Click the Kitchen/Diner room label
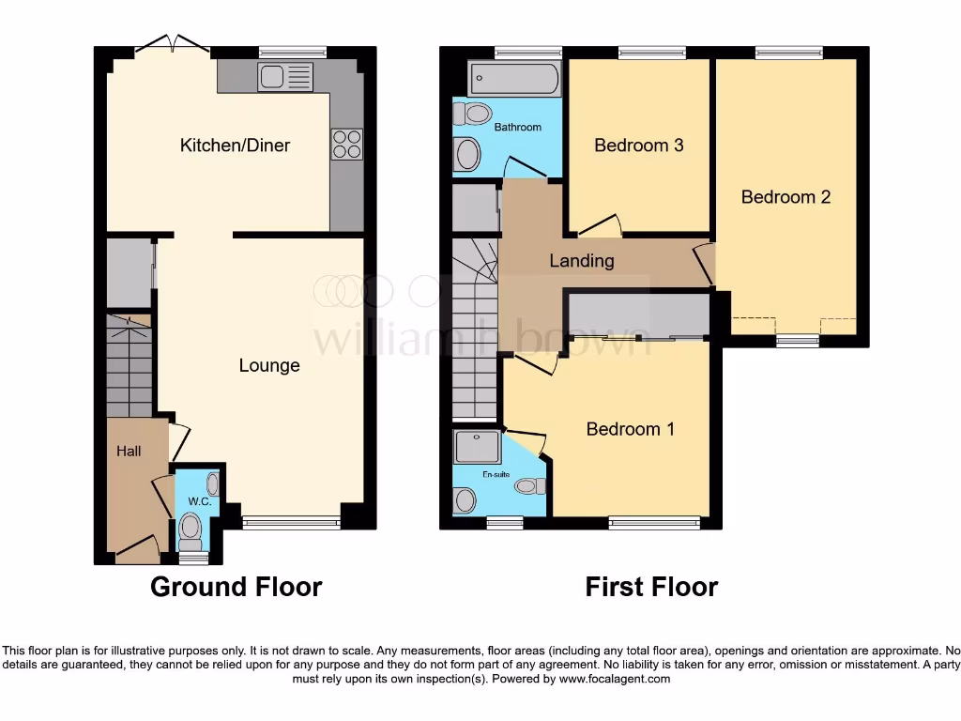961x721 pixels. [x=235, y=146]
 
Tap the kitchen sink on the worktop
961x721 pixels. [x=285, y=78]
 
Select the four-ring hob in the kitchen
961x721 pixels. [x=345, y=143]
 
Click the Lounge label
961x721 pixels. [x=269, y=365]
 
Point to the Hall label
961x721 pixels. [x=129, y=452]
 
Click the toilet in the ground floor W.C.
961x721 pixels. [x=191, y=530]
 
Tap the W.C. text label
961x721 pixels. [x=199, y=502]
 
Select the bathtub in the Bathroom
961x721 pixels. [x=513, y=79]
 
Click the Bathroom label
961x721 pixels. [x=519, y=127]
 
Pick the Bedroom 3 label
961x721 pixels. [x=639, y=146]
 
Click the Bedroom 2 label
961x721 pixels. [x=786, y=197]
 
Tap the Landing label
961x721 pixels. [x=582, y=261]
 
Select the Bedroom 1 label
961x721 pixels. [x=631, y=429]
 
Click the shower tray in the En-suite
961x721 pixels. [x=478, y=448]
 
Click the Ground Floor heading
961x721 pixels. [x=236, y=587]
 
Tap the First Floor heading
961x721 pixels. [x=651, y=587]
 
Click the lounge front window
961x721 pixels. [x=291, y=522]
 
